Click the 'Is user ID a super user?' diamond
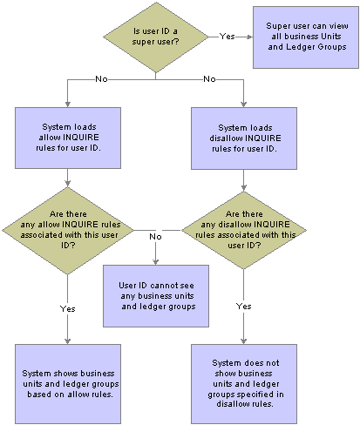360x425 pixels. click(156, 37)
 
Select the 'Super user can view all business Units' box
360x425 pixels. click(306, 37)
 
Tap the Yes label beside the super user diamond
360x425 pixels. click(227, 37)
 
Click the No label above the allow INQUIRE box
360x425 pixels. click(101, 79)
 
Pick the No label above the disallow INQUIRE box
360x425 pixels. click(209, 79)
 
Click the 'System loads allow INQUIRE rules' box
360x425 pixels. click(68, 138)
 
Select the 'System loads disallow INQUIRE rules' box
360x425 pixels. click(244, 138)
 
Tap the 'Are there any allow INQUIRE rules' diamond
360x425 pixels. click(68, 231)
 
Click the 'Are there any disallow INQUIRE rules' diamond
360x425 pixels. click(244, 230)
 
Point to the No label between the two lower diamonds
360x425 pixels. click(155, 237)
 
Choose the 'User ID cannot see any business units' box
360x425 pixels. click(156, 296)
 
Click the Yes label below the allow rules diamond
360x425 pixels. click(68, 308)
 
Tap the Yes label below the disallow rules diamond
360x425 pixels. click(244, 307)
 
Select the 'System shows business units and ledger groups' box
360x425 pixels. click(68, 384)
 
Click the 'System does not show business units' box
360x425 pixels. click(244, 384)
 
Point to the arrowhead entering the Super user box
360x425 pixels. click(250, 37)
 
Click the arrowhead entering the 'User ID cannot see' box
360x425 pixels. click(156, 262)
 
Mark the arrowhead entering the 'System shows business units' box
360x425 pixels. click(68, 341)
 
